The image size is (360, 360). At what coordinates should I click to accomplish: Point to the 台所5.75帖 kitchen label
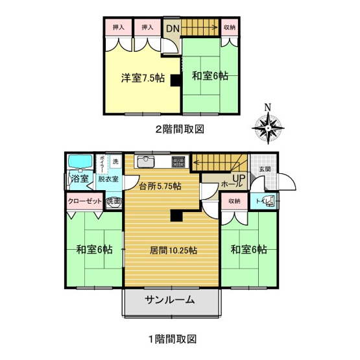pos(160,187)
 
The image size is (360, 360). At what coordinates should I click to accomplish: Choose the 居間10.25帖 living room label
pos(173,249)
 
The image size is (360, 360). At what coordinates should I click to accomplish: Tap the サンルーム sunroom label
pos(170,300)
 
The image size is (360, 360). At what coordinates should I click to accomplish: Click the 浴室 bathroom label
pos(79,178)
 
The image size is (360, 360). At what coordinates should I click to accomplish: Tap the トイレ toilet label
pos(263,201)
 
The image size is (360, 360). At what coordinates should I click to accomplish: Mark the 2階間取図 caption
pos(179,128)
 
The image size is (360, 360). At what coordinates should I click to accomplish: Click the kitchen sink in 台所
pos(145,161)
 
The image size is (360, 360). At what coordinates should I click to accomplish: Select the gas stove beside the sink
pos(179,161)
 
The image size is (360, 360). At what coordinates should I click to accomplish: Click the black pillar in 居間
pos(175,217)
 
